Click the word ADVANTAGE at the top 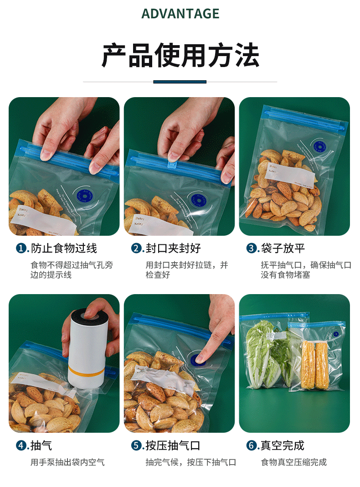[x=180, y=14]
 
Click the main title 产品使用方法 [x=180, y=56]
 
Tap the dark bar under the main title [x=180, y=82]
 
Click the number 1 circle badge [x=21, y=249]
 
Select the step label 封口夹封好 [x=173, y=249]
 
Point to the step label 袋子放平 [x=283, y=249]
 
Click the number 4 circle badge [x=21, y=446]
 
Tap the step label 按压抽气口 [x=173, y=446]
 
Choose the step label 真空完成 [x=283, y=446]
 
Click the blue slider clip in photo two [x=174, y=156]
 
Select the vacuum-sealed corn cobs [x=315, y=365]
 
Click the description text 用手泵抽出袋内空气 [x=67, y=462]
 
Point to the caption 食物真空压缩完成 [x=293, y=462]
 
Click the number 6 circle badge [x=251, y=446]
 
